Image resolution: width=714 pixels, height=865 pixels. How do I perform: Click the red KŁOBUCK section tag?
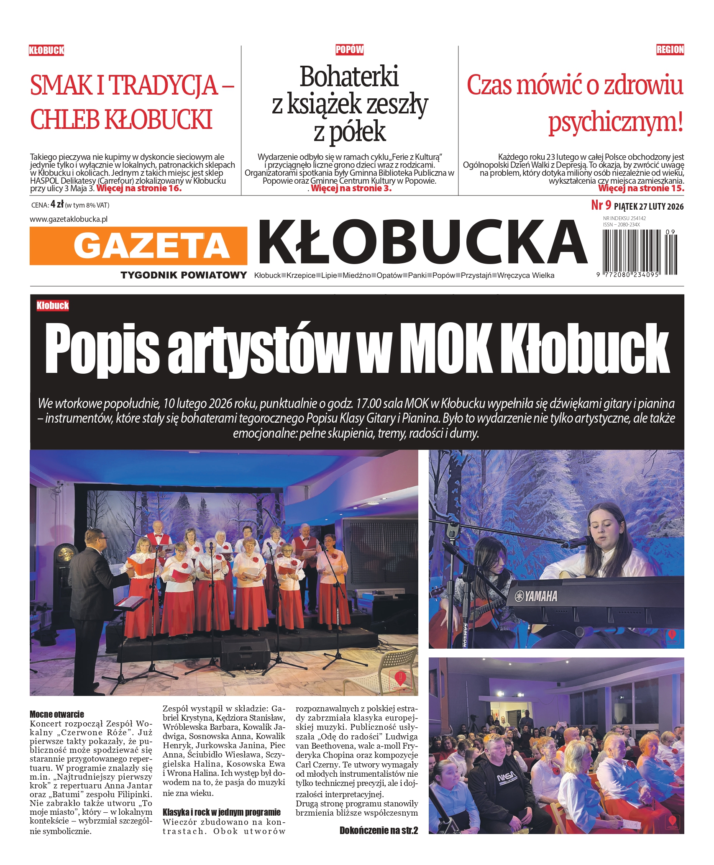(46, 51)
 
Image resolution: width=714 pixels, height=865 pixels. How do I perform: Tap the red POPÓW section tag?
(349, 50)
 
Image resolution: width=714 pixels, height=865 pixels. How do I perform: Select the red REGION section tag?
(670, 50)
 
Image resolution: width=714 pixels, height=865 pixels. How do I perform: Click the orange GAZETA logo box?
(138, 246)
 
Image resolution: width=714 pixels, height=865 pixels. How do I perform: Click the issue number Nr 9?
(601, 205)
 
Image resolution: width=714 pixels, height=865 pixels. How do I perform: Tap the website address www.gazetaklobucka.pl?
(69, 219)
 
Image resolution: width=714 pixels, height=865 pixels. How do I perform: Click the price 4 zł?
(57, 204)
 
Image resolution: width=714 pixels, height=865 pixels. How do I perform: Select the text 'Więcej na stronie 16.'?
(139, 188)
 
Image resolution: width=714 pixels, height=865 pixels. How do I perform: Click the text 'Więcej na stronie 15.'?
(641, 188)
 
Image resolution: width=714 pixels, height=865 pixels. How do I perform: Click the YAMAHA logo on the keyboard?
(536, 596)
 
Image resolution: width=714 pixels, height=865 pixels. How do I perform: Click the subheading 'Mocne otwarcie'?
(57, 714)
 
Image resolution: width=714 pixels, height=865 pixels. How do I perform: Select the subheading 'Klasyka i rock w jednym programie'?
(221, 812)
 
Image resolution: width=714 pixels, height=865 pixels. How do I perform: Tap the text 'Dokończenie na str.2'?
(379, 831)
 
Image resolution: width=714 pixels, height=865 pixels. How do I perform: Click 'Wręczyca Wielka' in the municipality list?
(525, 275)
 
